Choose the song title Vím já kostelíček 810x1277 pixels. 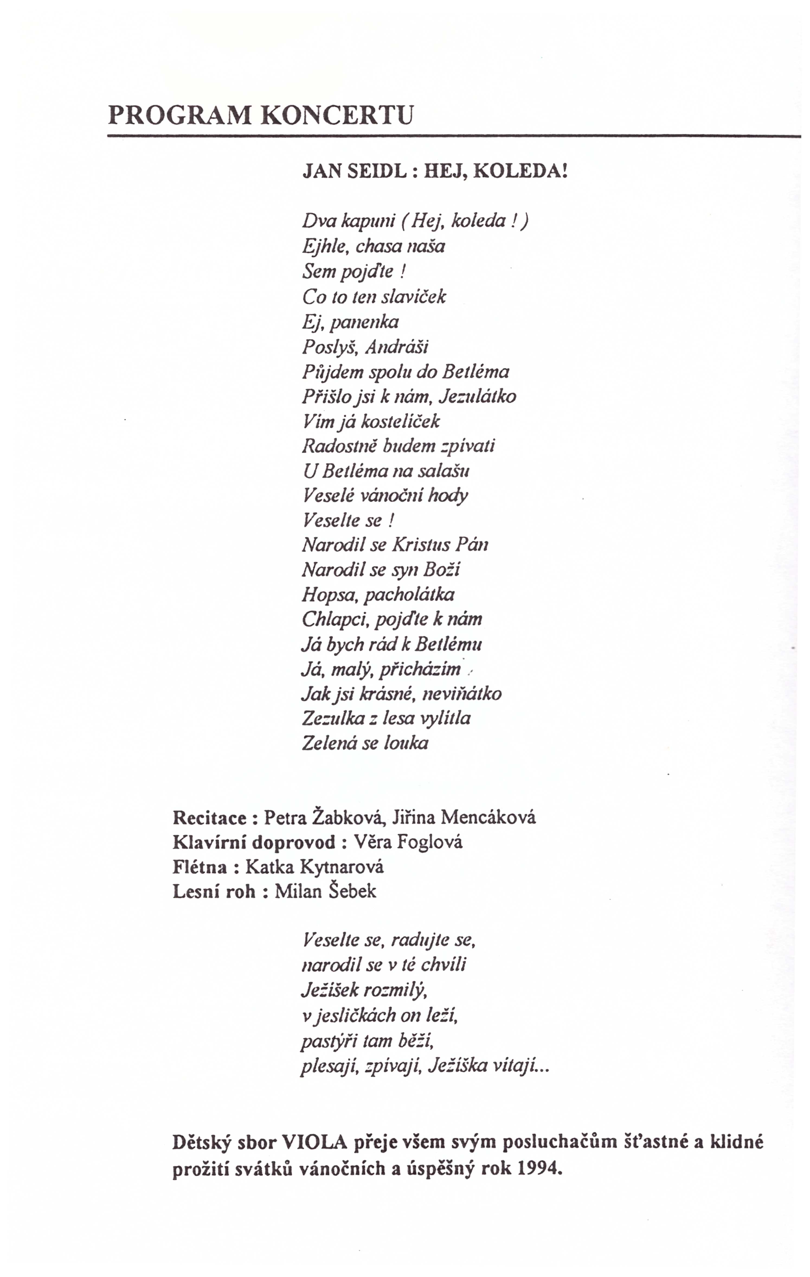371,422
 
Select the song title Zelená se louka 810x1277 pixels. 365,743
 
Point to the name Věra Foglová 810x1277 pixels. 408,842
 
